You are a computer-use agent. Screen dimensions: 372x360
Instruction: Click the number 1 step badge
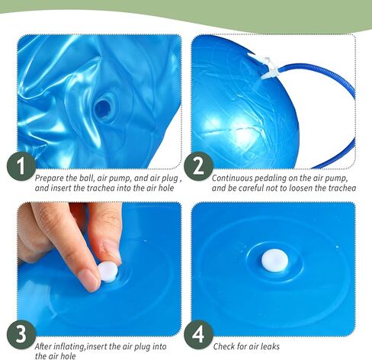tap(21, 166)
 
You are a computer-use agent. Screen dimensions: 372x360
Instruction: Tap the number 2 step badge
tap(198, 166)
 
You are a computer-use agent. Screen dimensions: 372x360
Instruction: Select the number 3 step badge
tap(21, 335)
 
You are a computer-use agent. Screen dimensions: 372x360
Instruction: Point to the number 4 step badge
tap(198, 335)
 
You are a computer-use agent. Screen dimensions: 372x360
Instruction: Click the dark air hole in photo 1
tap(102, 108)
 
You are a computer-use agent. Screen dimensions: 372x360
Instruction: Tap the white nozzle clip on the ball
tap(265, 67)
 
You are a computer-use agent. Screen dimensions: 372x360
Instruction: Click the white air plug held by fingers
tap(108, 272)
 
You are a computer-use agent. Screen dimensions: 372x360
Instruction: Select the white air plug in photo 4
tap(275, 260)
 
